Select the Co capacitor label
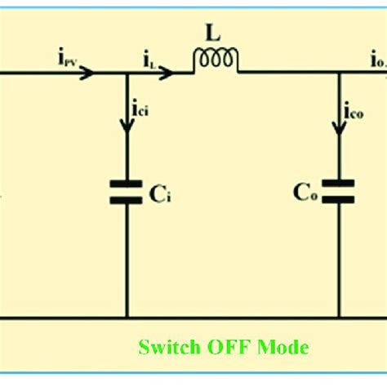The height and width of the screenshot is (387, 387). coord(305,194)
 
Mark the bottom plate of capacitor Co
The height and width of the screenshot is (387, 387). coord(338,199)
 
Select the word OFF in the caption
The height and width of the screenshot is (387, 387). coord(230,348)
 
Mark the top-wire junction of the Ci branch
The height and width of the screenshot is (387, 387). coord(127,73)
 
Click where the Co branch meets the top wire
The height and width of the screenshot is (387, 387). coord(338,73)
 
